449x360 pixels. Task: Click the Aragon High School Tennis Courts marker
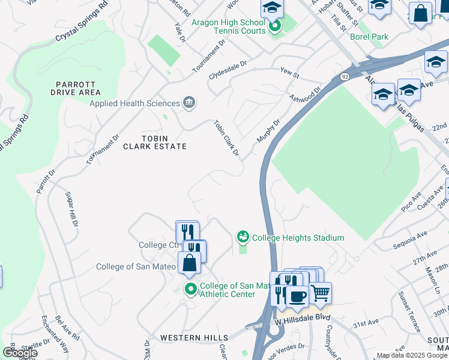pos(275,26)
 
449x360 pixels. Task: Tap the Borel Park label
pos(369,37)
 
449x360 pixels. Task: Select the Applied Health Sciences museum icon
pos(189,103)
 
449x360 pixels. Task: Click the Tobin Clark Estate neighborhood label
pos(155,142)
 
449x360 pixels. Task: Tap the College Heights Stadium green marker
pos(243,238)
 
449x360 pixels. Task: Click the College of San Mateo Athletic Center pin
pos(191,290)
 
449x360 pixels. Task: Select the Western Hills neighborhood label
pos(194,338)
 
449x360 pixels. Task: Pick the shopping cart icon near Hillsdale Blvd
pos(321,293)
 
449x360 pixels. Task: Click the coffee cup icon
pos(297,296)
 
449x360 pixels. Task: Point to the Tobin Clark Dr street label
pos(226,139)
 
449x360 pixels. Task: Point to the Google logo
pos(19,353)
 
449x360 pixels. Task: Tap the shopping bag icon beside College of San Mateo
pos(189,262)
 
